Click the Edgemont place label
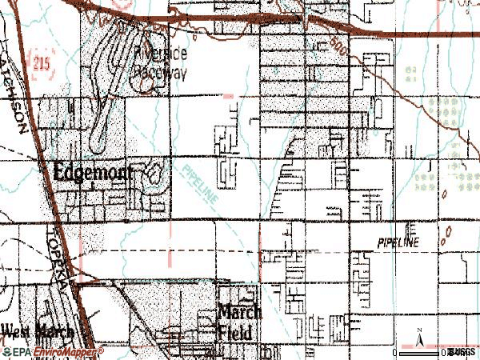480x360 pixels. coord(93,170)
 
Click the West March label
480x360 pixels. coord(37,331)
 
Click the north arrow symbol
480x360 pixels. coord(419,339)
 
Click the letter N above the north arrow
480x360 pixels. coord(419,330)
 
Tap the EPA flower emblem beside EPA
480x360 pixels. coord(7,351)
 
